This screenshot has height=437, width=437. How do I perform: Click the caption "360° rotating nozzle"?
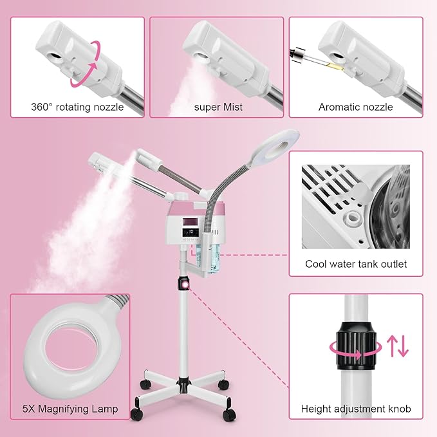[x=77, y=107]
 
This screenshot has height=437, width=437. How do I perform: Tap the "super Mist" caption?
[x=218, y=107]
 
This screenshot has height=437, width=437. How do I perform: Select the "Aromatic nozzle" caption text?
[x=355, y=107]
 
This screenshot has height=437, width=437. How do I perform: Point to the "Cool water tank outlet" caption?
[x=356, y=264]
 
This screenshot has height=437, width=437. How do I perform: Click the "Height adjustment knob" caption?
[x=356, y=409]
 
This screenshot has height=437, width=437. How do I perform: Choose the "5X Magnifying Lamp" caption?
[x=70, y=408]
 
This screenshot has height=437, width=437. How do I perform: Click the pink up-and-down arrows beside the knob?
[x=398, y=345]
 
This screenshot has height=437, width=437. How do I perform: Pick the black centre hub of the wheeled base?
[x=182, y=389]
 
